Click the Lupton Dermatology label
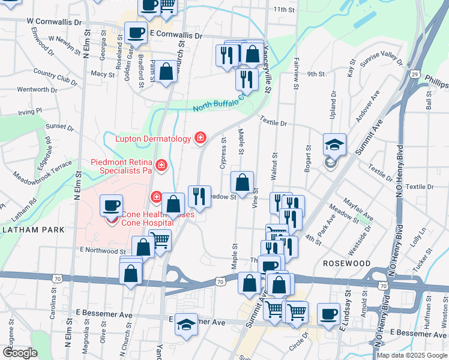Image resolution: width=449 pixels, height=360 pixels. pos(152,139)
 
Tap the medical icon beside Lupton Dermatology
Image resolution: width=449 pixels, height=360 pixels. pos(200,139)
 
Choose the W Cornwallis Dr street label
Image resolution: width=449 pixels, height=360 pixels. pos(54,21)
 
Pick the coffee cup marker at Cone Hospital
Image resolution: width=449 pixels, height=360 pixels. pos(112,206)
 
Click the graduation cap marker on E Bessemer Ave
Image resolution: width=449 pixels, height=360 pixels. pos(187,325)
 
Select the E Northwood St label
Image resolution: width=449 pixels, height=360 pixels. pos(101,251)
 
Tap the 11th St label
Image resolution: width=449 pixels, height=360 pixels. pos(285,10)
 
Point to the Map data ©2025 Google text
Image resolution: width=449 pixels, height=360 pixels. pos(412,355)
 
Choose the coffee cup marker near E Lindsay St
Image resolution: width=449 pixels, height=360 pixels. pos(328,314)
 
